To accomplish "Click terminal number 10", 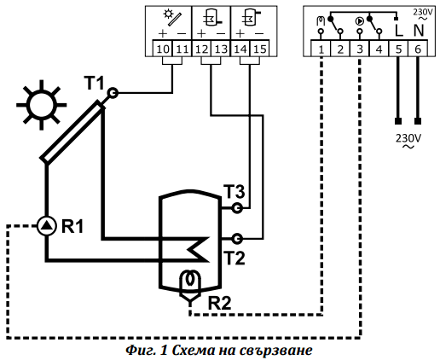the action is pos(163,49).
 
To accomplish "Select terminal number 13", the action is pos(221,49).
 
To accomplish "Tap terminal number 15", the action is pos(260,49).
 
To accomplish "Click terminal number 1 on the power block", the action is pos(321,49).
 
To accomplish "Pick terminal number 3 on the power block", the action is pos(360,49).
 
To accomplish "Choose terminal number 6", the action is pos(418,49).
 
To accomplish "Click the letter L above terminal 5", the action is pos(399,30).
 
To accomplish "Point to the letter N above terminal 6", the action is pos(419,30).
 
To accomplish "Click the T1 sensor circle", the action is pos(113,93).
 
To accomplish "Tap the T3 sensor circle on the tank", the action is pos(237,208).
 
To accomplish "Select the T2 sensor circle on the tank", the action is pos(237,239).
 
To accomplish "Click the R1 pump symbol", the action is pos(46,225).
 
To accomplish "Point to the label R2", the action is pos(219,303).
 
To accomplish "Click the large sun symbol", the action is pos(42,105).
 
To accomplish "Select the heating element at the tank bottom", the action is pos(190,287).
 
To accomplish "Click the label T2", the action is pos(234,258).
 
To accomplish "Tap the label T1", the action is pos(94,83).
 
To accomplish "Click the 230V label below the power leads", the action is pos(408,141).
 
